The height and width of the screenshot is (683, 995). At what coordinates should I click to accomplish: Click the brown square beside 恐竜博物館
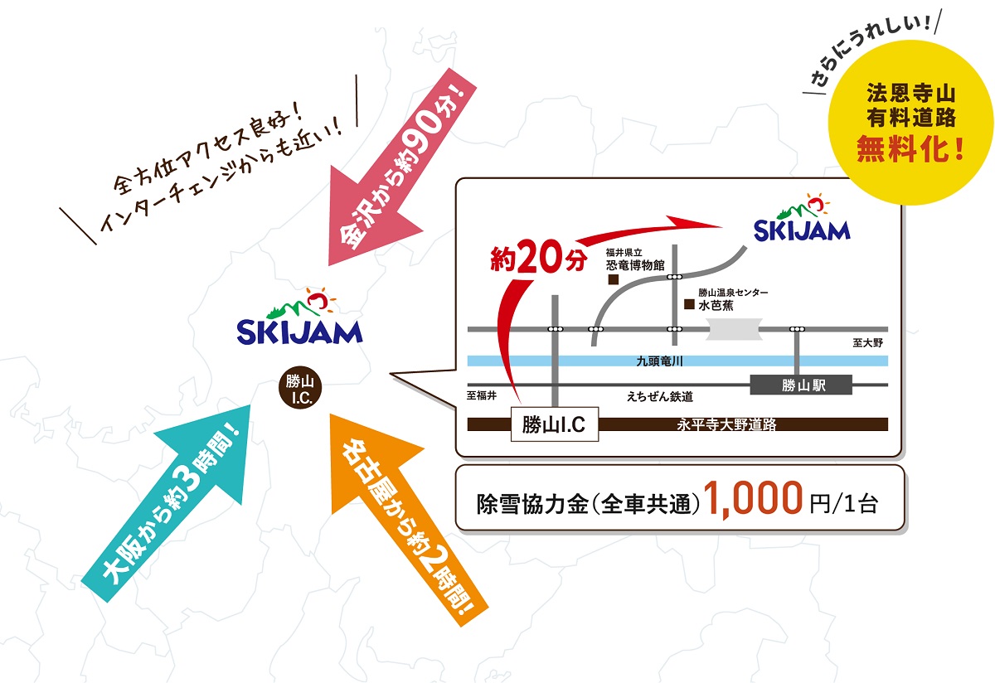pos(614,280)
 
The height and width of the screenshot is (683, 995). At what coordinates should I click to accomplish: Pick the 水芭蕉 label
pos(716,305)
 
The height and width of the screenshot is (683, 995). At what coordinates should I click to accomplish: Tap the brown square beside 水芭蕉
pos(688,304)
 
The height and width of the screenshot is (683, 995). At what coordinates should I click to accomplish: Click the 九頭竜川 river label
pos(659,361)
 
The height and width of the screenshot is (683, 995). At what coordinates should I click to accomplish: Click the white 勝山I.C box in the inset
pos(554,425)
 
